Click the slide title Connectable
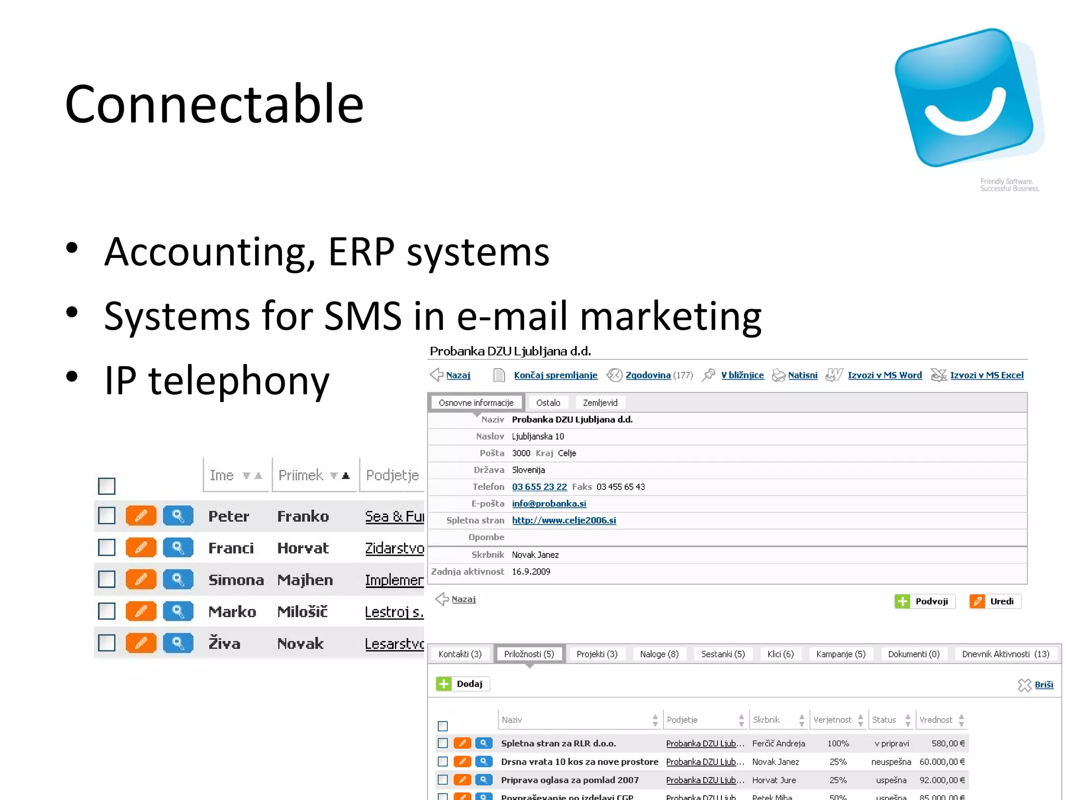[x=214, y=104]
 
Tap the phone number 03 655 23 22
[x=539, y=487]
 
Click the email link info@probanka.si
[x=549, y=504]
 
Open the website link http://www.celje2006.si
[x=564, y=520]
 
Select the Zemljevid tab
[x=600, y=403]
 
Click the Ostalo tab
[x=548, y=403]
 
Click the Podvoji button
[x=925, y=602]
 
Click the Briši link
[x=1044, y=685]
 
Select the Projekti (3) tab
[x=597, y=654]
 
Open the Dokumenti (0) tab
[x=913, y=654]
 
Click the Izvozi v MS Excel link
[x=986, y=376]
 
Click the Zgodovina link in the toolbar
[x=648, y=376]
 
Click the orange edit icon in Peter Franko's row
[x=141, y=516]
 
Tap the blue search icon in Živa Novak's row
[x=177, y=643]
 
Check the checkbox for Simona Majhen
[x=107, y=579]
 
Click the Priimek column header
[x=301, y=476]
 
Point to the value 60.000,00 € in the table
[x=942, y=762]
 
